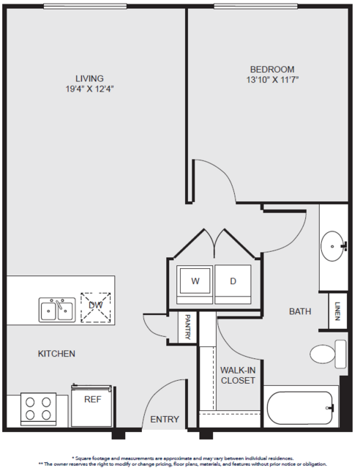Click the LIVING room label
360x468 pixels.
pyautogui.click(x=89, y=78)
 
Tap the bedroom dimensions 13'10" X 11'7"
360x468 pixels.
pyautogui.click(x=272, y=80)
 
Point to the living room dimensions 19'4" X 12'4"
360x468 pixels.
pyautogui.click(x=90, y=89)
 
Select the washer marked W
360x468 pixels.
pyautogui.click(x=195, y=284)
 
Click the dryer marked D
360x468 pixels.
pyautogui.click(x=233, y=284)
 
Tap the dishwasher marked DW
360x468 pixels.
pyautogui.click(x=96, y=308)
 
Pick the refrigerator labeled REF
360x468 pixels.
pyautogui.click(x=92, y=406)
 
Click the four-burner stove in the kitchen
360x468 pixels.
pyautogui.click(x=38, y=408)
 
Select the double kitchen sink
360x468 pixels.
pyautogui.click(x=57, y=310)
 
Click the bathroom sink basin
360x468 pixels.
pyautogui.click(x=332, y=246)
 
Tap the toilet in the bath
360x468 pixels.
pyautogui.click(x=328, y=354)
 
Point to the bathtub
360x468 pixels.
pyautogui.click(x=300, y=407)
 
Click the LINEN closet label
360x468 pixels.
pyautogui.click(x=337, y=311)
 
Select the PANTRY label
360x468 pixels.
pyautogui.click(x=187, y=327)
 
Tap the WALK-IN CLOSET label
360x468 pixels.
pyautogui.click(x=238, y=375)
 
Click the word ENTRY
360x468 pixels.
pyautogui.click(x=165, y=420)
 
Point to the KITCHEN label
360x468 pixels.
pyautogui.click(x=56, y=354)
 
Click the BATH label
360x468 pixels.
pyautogui.click(x=300, y=311)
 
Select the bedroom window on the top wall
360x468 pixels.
pyautogui.click(x=255, y=6)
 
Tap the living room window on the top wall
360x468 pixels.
pyautogui.click(x=85, y=6)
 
